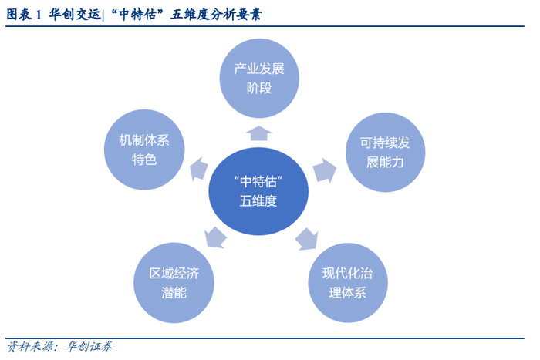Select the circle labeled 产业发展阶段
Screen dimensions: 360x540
(x=259, y=78)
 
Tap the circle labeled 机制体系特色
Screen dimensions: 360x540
(x=144, y=150)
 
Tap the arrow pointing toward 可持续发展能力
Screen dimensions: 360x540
(x=323, y=169)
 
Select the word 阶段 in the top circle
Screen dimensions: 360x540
(x=259, y=88)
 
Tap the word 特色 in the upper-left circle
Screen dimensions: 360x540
(x=144, y=160)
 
